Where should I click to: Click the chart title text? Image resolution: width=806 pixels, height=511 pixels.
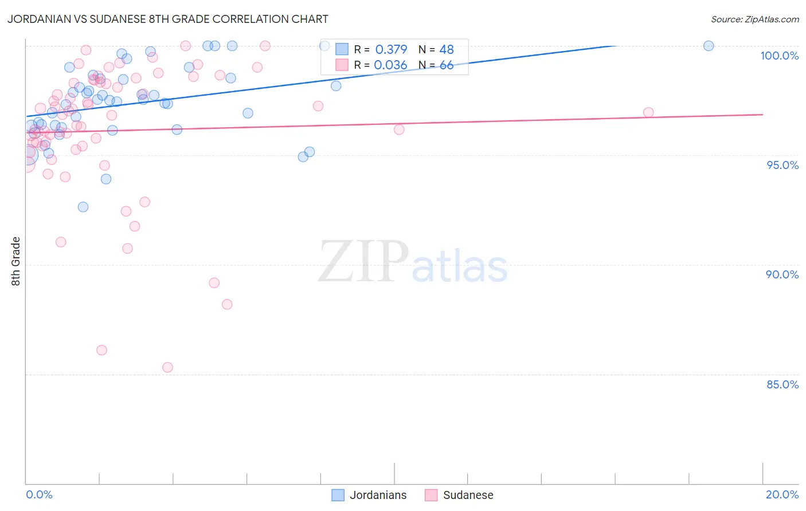(x=168, y=19)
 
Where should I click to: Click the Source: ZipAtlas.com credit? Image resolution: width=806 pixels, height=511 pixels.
(x=754, y=19)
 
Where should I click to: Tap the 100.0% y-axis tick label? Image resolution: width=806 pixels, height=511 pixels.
(x=779, y=56)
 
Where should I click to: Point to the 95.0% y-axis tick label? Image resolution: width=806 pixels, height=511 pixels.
(x=782, y=165)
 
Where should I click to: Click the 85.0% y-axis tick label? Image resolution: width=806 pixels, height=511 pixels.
(x=782, y=384)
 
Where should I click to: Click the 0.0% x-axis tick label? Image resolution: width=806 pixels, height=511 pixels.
(x=39, y=494)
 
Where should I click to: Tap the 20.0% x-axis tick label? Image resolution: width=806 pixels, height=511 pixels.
(x=782, y=494)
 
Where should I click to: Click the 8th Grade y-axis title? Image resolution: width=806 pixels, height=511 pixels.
(x=16, y=261)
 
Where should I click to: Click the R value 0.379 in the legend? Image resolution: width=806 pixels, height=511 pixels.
(x=391, y=49)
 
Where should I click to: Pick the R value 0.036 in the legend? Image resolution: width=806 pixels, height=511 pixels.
(x=390, y=65)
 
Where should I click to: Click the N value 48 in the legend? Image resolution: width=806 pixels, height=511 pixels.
(x=447, y=49)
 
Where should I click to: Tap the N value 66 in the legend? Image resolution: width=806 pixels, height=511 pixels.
(x=447, y=65)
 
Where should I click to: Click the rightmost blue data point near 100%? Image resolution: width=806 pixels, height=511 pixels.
(x=709, y=46)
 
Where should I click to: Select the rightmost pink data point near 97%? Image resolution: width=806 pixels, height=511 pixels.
(x=648, y=112)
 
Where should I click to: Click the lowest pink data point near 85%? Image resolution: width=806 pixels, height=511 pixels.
(x=167, y=367)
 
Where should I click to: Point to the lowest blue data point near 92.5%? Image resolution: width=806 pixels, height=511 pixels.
(x=83, y=207)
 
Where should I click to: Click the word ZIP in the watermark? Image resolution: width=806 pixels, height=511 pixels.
(x=363, y=262)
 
